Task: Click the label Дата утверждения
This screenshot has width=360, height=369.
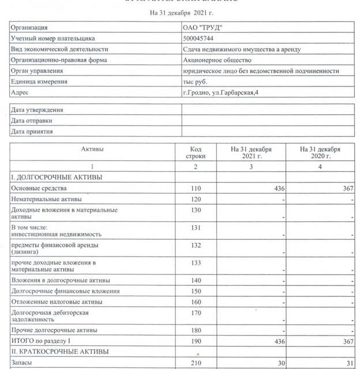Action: [37, 110]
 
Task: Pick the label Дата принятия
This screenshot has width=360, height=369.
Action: [32, 131]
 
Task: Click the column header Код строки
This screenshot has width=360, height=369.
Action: [196, 152]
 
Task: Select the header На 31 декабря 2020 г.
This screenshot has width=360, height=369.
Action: [320, 152]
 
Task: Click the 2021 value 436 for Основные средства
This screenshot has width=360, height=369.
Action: [279, 189]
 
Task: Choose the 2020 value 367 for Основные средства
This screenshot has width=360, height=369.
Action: [347, 189]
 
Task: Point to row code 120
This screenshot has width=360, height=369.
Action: [196, 199]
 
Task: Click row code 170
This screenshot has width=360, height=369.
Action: [196, 313]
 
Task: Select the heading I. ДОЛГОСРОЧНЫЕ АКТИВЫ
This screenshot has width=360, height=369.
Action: [57, 177]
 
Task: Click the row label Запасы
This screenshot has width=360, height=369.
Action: [23, 362]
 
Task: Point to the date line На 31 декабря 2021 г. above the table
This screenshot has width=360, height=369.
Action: [181, 12]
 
